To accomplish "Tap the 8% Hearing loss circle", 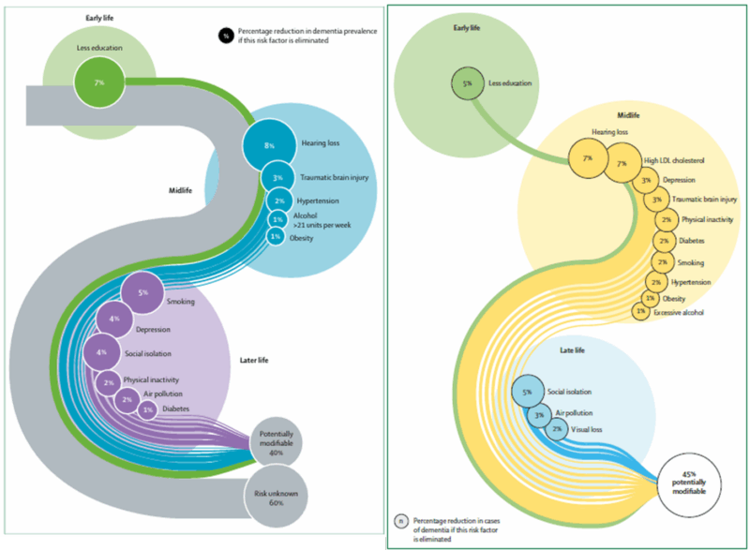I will pos(270,145).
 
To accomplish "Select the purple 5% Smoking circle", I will pos(143,292).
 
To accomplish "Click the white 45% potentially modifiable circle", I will pos(696,482).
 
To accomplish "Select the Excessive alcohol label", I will pos(680,311).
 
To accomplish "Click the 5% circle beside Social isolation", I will pos(527,392).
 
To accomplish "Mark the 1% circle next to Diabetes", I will pos(147,409).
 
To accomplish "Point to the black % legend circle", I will pos(225,37).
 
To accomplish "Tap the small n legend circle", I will pos(401,521).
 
